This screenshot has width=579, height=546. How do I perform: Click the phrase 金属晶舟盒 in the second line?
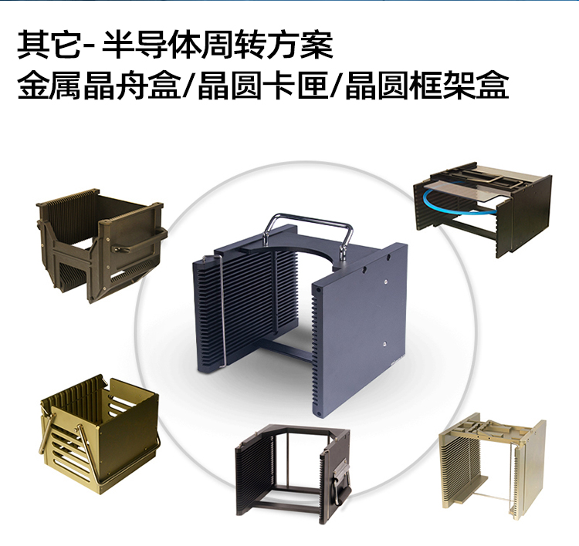coord(99,86)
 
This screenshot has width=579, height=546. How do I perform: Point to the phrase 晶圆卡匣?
coord(262,86)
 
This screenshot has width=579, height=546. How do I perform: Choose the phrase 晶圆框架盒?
coord(426,86)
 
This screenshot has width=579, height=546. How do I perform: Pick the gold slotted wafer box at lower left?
coord(99,433)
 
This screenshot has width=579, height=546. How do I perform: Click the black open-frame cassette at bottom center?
coord(293,470)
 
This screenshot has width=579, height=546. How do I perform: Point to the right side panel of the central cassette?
coord(359,329)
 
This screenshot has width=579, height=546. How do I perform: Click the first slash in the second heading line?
coord(189,86)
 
